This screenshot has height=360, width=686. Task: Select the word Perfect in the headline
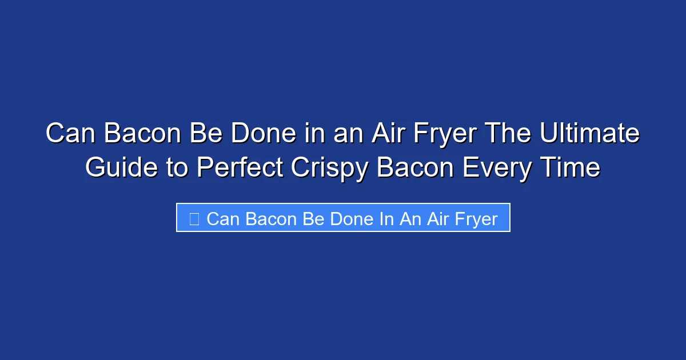click(241, 168)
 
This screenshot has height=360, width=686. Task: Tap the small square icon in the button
click(194, 219)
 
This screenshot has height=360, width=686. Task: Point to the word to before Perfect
click(176, 168)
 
